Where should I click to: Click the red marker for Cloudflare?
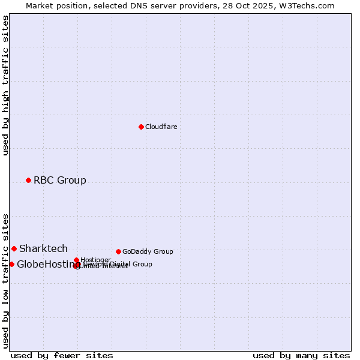coord(141,127)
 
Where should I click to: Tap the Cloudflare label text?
coord(161,127)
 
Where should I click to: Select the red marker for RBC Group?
coord(28,180)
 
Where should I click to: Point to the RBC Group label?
coord(59,181)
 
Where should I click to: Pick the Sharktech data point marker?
coord(14,248)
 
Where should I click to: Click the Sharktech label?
coord(43,249)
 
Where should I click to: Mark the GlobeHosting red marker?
coord(11,264)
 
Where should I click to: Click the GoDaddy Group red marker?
coord(118,251)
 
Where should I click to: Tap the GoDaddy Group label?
coord(148,252)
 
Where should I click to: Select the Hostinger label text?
coord(95,260)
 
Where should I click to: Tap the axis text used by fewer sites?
coord(62,356)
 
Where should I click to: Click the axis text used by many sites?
coord(301,356)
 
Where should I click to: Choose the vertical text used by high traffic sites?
coord(6,85)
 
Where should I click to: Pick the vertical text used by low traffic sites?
coord(6,280)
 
